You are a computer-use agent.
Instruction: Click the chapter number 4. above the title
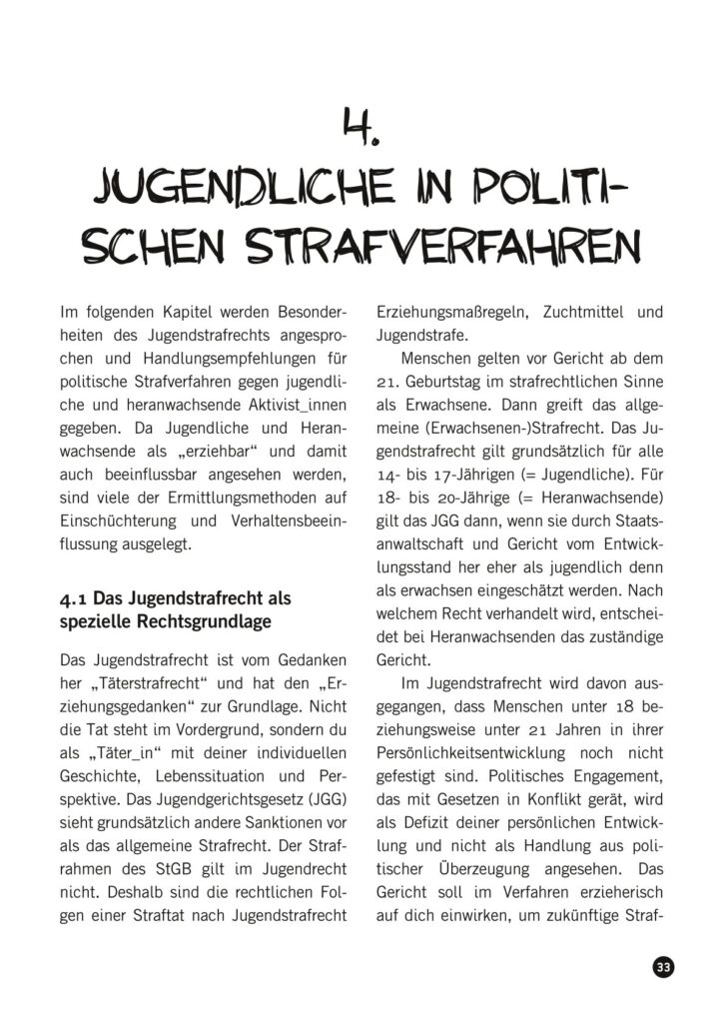[360, 127]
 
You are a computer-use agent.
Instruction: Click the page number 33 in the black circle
[662, 967]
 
